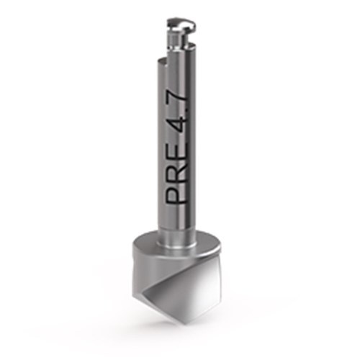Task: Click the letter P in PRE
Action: tap(176, 192)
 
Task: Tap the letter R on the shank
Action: tap(176, 167)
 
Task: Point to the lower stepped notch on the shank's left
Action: tap(163, 63)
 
